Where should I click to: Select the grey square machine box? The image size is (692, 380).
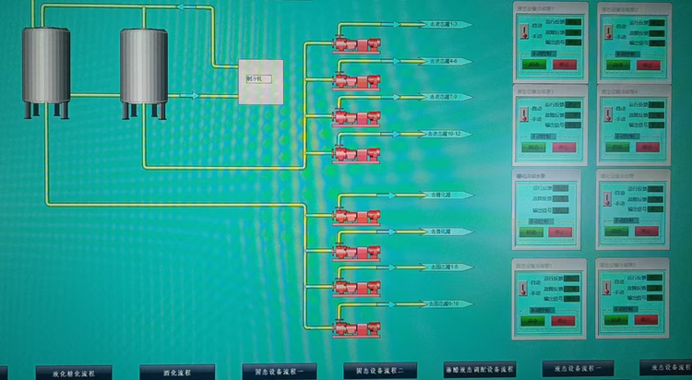coord(260,81)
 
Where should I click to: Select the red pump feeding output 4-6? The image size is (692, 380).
coord(355,80)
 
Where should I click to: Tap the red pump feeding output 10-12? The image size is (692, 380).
coord(355,153)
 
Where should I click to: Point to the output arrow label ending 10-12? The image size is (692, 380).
coord(448,134)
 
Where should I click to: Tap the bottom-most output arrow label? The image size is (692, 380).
coord(447,303)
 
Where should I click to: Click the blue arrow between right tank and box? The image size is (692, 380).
coord(195,95)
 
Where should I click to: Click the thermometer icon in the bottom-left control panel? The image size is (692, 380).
coord(522,290)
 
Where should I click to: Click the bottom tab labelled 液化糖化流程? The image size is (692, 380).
coord(73,373)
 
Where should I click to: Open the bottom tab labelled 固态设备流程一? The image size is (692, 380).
coord(279,372)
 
